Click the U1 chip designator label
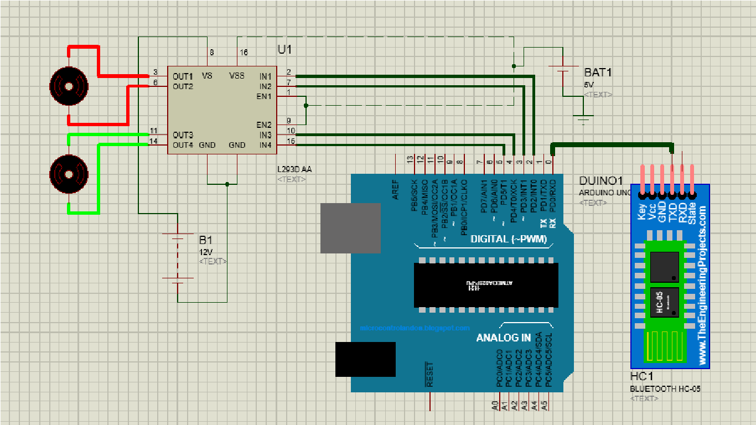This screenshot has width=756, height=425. (284, 50)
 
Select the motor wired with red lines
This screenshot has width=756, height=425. (69, 86)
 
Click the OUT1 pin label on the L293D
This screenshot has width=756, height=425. (183, 76)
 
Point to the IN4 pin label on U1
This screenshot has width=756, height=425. (265, 145)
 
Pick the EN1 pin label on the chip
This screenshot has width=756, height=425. (264, 96)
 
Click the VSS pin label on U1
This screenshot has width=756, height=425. (237, 76)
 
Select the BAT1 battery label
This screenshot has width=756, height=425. (598, 72)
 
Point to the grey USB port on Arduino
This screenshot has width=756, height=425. (350, 228)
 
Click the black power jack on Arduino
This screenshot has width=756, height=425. (365, 360)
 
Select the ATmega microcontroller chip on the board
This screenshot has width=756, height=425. (486, 284)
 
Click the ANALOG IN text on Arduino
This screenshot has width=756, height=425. (503, 338)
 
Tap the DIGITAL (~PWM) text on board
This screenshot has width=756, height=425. (508, 239)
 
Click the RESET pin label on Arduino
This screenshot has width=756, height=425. (429, 375)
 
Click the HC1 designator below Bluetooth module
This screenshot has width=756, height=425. (642, 377)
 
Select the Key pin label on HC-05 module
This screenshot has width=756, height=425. (642, 212)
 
